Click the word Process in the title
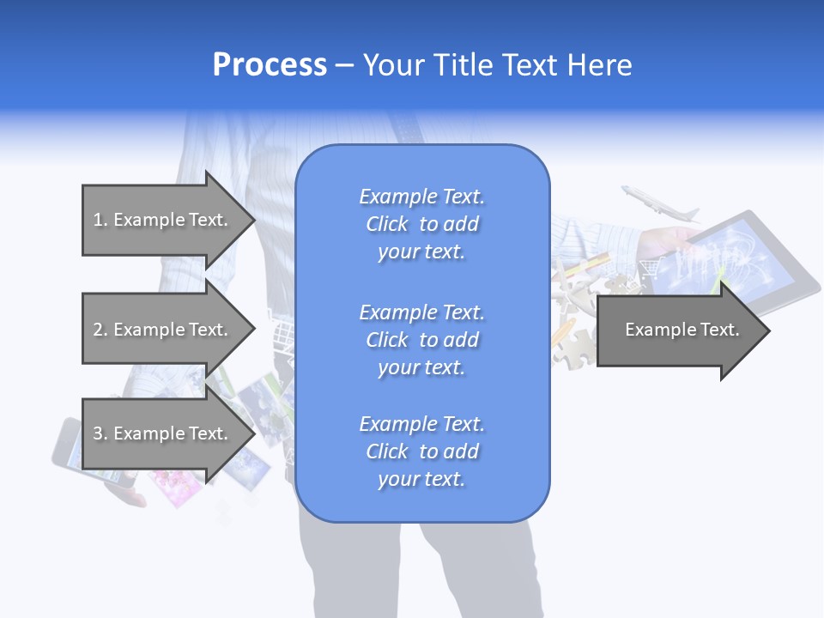(270, 65)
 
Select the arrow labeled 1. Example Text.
(163, 220)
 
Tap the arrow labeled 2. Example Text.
(163, 330)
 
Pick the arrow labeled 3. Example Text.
(163, 433)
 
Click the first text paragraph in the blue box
(421, 224)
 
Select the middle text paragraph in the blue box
(421, 340)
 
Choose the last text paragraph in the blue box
(421, 451)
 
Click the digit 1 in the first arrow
(98, 220)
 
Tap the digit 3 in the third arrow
(98, 433)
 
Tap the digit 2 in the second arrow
(98, 330)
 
